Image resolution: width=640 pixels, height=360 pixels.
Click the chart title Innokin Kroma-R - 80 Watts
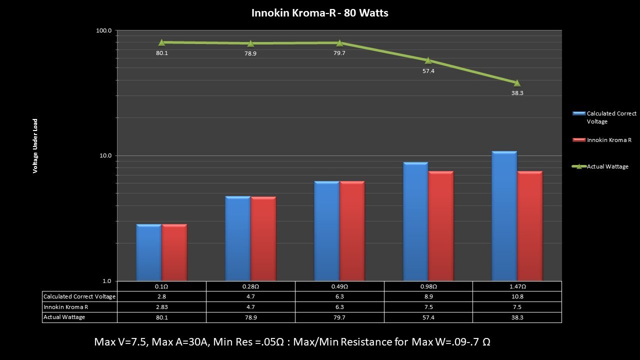click(319, 13)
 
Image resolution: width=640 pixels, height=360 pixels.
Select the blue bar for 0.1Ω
click(148, 252)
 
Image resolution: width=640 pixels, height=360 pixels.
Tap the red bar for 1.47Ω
click(529, 226)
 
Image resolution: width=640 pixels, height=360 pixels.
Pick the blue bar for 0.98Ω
click(415, 221)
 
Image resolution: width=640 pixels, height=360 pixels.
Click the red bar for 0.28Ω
click(263, 238)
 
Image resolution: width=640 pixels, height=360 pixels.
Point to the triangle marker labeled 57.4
click(428, 60)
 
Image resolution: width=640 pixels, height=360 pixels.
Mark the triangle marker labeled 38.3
click(517, 83)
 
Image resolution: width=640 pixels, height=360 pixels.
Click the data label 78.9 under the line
click(250, 53)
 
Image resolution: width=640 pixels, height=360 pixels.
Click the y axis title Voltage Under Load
click(35, 146)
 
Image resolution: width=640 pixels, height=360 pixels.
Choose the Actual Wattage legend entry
click(607, 166)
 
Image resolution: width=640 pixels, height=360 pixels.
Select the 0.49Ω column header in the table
click(339, 286)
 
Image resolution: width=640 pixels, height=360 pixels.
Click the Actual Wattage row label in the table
click(64, 317)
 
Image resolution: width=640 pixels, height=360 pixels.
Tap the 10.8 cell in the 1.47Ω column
click(517, 296)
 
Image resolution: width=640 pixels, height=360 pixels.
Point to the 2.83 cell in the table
click(161, 307)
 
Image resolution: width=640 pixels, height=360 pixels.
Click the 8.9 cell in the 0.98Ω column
click(428, 296)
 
